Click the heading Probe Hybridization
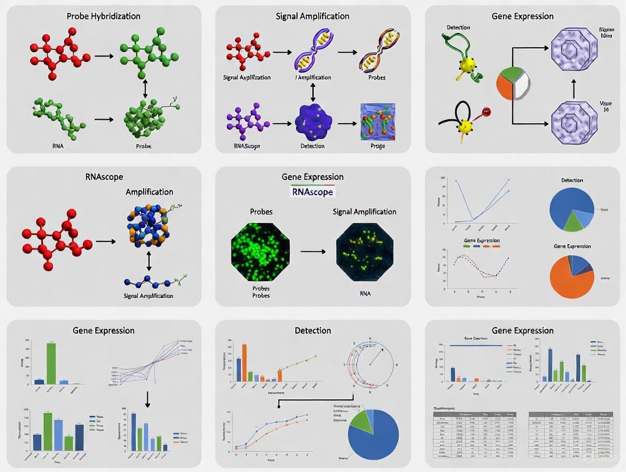103,16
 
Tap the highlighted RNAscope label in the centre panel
312,192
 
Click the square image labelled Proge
377,121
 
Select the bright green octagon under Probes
261,251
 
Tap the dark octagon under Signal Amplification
365,251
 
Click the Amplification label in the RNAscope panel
149,192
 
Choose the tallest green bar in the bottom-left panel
51,363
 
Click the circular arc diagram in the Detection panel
371,363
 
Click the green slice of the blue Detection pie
573,221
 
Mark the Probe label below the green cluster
143,146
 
